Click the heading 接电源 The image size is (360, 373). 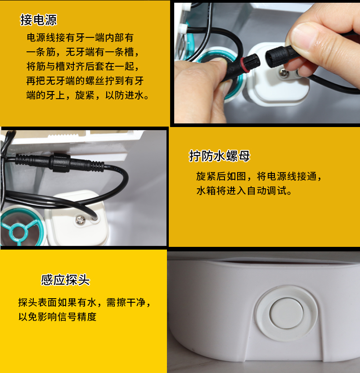(x=39, y=20)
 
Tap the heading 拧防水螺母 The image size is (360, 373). (x=220, y=156)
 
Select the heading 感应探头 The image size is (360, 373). (x=65, y=280)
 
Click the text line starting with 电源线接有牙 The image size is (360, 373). (x=80, y=38)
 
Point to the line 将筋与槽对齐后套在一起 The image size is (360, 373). (x=81, y=67)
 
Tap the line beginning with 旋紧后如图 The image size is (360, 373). (x=259, y=176)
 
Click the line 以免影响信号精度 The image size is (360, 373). (x=58, y=317)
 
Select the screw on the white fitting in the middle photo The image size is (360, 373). (x=81, y=220)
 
